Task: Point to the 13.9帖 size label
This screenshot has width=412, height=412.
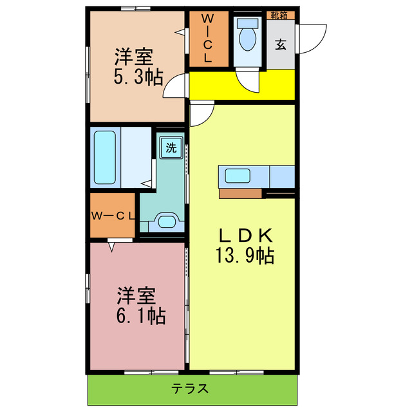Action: (245, 256)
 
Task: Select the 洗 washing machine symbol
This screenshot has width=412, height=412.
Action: (171, 147)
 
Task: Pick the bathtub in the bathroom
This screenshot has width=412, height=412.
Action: (104, 156)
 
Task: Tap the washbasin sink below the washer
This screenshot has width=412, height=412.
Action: (166, 221)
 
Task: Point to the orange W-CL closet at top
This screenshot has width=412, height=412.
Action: (209, 39)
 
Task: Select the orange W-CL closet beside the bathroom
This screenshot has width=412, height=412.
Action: (113, 215)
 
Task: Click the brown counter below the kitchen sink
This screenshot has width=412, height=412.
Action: (240, 192)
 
